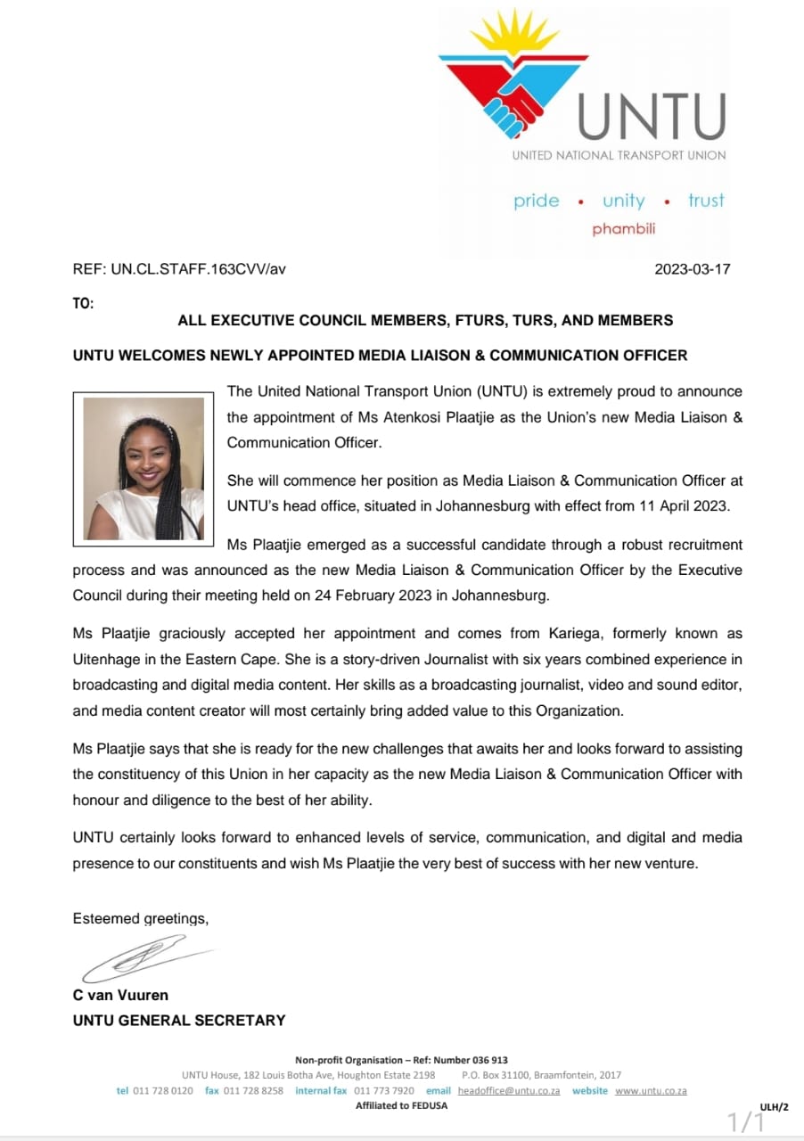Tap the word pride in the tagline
pyautogui.click(x=537, y=201)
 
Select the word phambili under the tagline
pyautogui.click(x=623, y=229)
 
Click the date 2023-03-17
pyautogui.click(x=693, y=268)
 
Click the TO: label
pyautogui.click(x=83, y=303)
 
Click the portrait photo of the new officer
pyautogui.click(x=144, y=469)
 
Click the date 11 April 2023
pyautogui.click(x=687, y=505)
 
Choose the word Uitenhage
pyautogui.click(x=109, y=661)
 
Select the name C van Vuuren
pyautogui.click(x=120, y=995)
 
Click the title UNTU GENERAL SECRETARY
pyautogui.click(x=179, y=1020)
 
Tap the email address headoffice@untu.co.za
pyautogui.click(x=509, y=1090)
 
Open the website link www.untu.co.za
pyautogui.click(x=651, y=1090)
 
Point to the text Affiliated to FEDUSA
pyautogui.click(x=401, y=1105)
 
